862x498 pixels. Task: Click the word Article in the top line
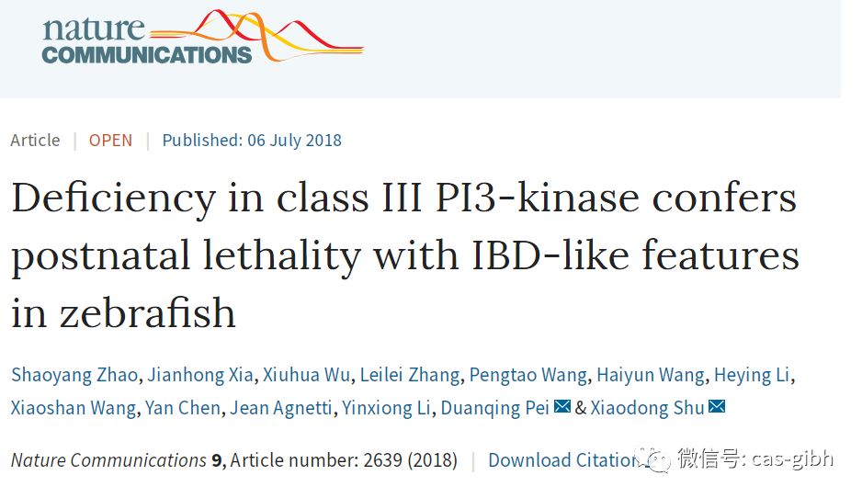coord(35,141)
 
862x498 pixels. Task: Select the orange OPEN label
coord(110,141)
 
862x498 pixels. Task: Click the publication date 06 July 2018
coord(294,141)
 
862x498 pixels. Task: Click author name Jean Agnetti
coord(281,408)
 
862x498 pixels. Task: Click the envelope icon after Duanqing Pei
coord(562,407)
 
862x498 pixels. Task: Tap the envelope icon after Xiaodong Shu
coord(717,407)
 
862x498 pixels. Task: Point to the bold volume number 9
coord(217,459)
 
